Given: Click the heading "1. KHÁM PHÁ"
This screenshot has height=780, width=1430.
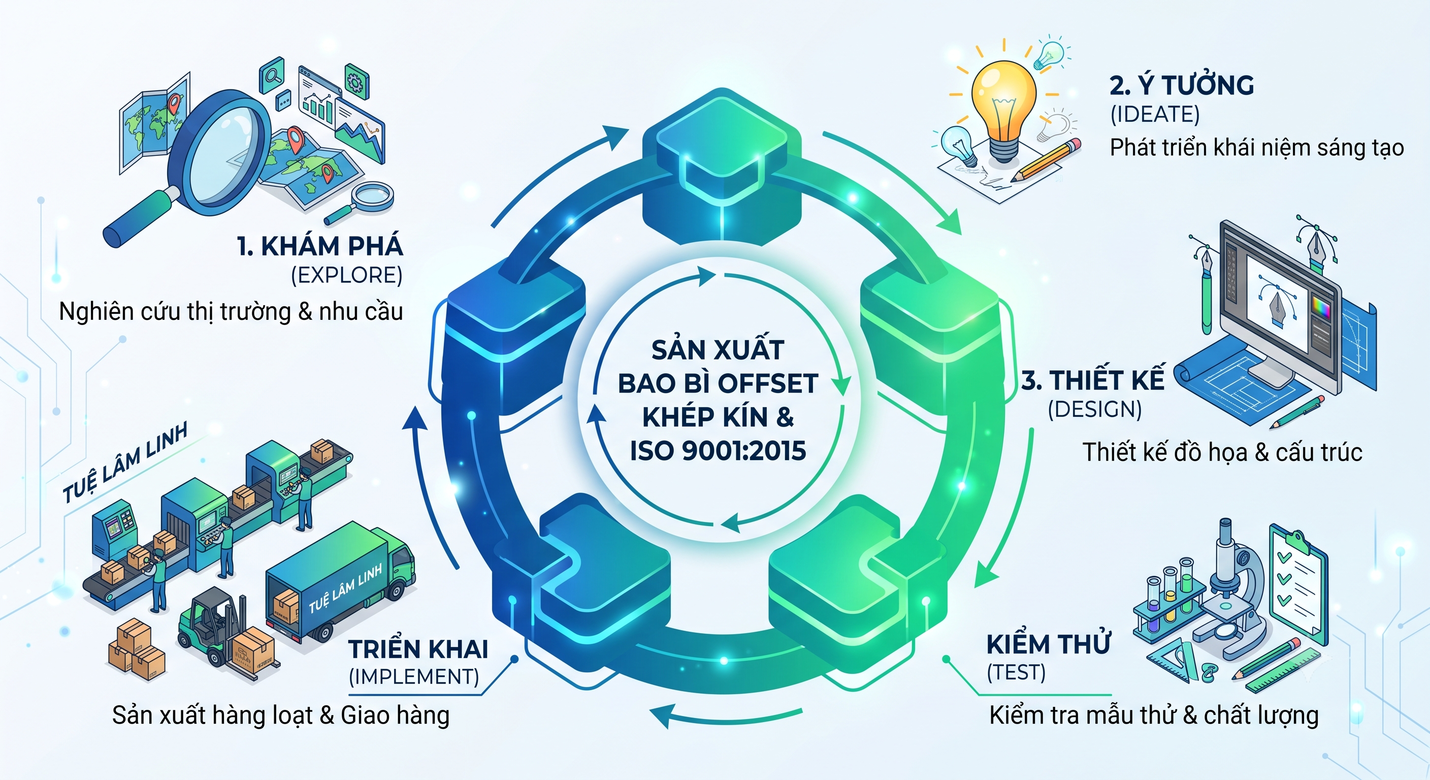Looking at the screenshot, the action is click(x=320, y=246).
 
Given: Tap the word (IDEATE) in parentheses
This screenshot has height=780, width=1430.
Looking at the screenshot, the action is click(x=1155, y=114).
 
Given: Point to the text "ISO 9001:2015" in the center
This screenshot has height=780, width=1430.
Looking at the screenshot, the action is click(x=718, y=451).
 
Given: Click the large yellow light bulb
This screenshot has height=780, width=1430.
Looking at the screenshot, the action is click(x=1003, y=108).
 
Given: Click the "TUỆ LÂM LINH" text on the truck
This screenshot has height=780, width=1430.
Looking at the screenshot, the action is click(x=345, y=588).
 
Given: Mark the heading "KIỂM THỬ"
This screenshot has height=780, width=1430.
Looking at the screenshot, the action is click(x=1049, y=644).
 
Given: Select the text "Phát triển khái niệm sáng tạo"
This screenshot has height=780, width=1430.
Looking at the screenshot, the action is click(x=1257, y=148).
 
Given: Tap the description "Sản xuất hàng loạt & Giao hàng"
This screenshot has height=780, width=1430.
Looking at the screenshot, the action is click(x=281, y=715).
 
